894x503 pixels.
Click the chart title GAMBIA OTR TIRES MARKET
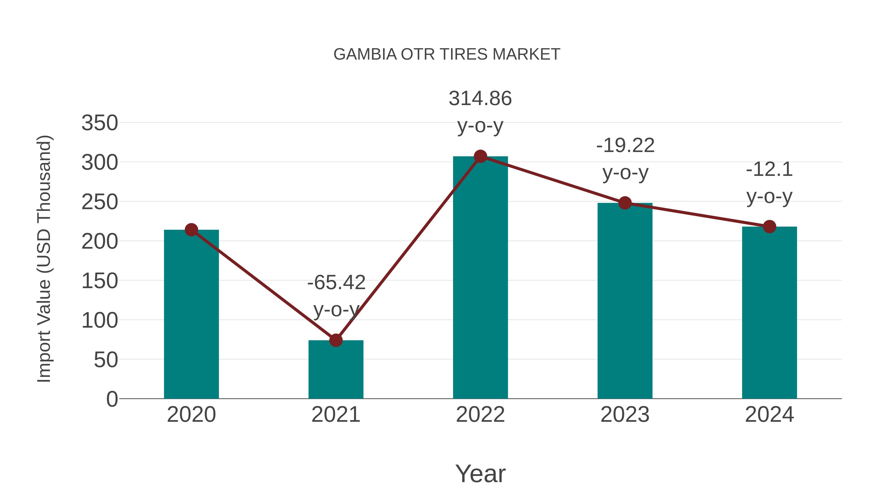[x=447, y=54]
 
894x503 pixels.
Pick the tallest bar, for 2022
[x=480, y=278]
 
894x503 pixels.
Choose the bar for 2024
[x=769, y=312]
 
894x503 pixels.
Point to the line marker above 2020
[x=191, y=230]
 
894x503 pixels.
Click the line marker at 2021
[x=335, y=340]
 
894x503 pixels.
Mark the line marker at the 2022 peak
[x=480, y=156]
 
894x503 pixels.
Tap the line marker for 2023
[x=625, y=203]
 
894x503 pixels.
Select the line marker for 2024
[x=769, y=227]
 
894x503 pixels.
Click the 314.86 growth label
[x=480, y=99]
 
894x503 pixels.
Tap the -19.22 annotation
[x=625, y=146]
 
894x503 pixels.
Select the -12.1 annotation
[x=769, y=170]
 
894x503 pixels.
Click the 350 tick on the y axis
[x=100, y=123]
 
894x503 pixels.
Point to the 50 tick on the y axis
[x=106, y=360]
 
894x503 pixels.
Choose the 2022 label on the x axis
[x=480, y=415]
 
